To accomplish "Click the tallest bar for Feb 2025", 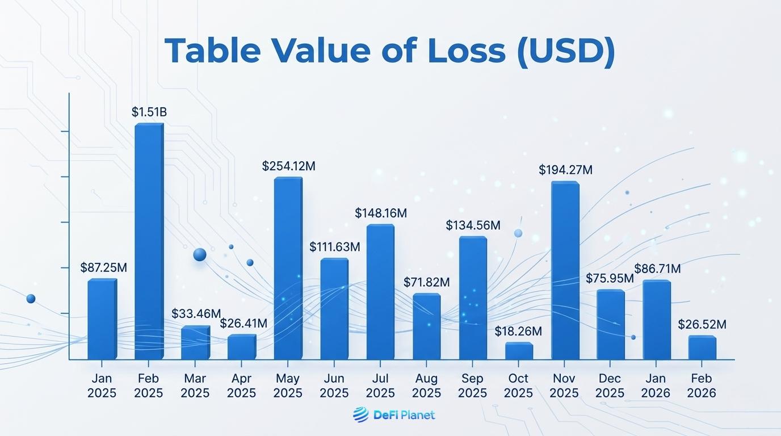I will coord(149,241).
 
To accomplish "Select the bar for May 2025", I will coord(288,268).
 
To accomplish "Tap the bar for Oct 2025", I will coord(519,351).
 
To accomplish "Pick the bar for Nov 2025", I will coord(565,270).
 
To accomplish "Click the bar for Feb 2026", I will coord(702,347).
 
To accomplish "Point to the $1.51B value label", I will coord(149,112).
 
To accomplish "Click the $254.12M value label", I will coord(288,166).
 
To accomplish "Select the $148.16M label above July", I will coord(381,213).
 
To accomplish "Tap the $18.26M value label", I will coord(518,331).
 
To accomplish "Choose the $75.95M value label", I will coord(610,279).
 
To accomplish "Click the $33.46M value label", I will coord(196,314).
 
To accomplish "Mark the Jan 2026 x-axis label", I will coord(656,385).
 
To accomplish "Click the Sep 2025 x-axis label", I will coord(472,385).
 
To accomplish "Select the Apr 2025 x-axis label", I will coord(242,385).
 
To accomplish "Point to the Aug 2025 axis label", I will coord(426,385).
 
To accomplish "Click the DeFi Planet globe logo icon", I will coord(360,415).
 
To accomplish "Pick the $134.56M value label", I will coord(473,225).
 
